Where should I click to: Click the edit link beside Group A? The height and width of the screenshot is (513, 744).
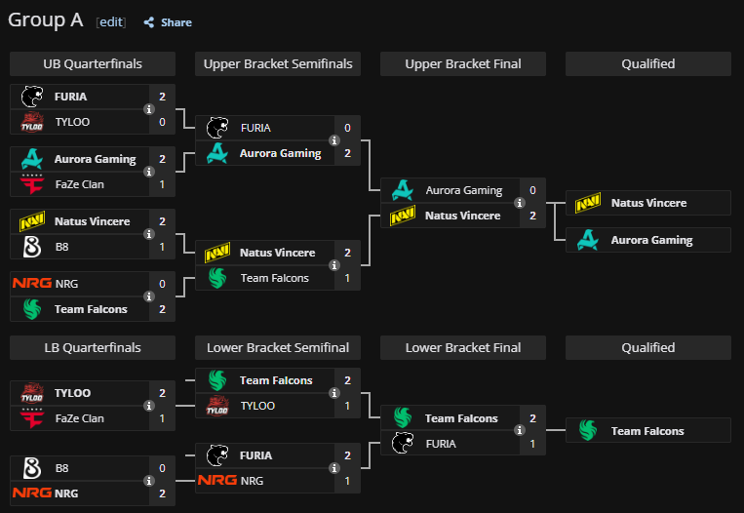[111, 21]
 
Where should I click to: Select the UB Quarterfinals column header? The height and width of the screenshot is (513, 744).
[93, 64]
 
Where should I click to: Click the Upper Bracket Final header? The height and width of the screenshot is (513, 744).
[463, 64]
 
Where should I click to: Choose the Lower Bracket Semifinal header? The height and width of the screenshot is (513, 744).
[278, 348]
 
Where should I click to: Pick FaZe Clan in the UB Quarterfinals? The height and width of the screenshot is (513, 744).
[79, 184]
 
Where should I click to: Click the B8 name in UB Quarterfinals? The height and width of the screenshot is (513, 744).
[62, 247]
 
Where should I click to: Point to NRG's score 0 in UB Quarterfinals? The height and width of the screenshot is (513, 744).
[162, 284]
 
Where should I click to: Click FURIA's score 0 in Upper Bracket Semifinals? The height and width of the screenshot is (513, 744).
[347, 128]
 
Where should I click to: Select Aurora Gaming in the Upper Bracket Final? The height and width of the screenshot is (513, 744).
[463, 190]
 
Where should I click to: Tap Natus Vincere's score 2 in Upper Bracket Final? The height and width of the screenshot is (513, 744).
[532, 216]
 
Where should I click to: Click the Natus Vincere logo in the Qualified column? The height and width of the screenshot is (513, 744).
[587, 203]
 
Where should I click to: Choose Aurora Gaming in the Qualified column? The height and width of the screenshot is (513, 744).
[651, 240]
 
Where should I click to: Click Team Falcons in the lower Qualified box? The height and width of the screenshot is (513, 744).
[647, 431]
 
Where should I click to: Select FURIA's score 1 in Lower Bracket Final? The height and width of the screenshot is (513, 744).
[532, 444]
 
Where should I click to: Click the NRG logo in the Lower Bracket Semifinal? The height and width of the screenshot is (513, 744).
[216, 481]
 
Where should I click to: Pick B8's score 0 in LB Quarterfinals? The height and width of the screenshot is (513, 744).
[162, 468]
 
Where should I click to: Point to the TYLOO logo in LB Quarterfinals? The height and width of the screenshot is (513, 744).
[31, 393]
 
